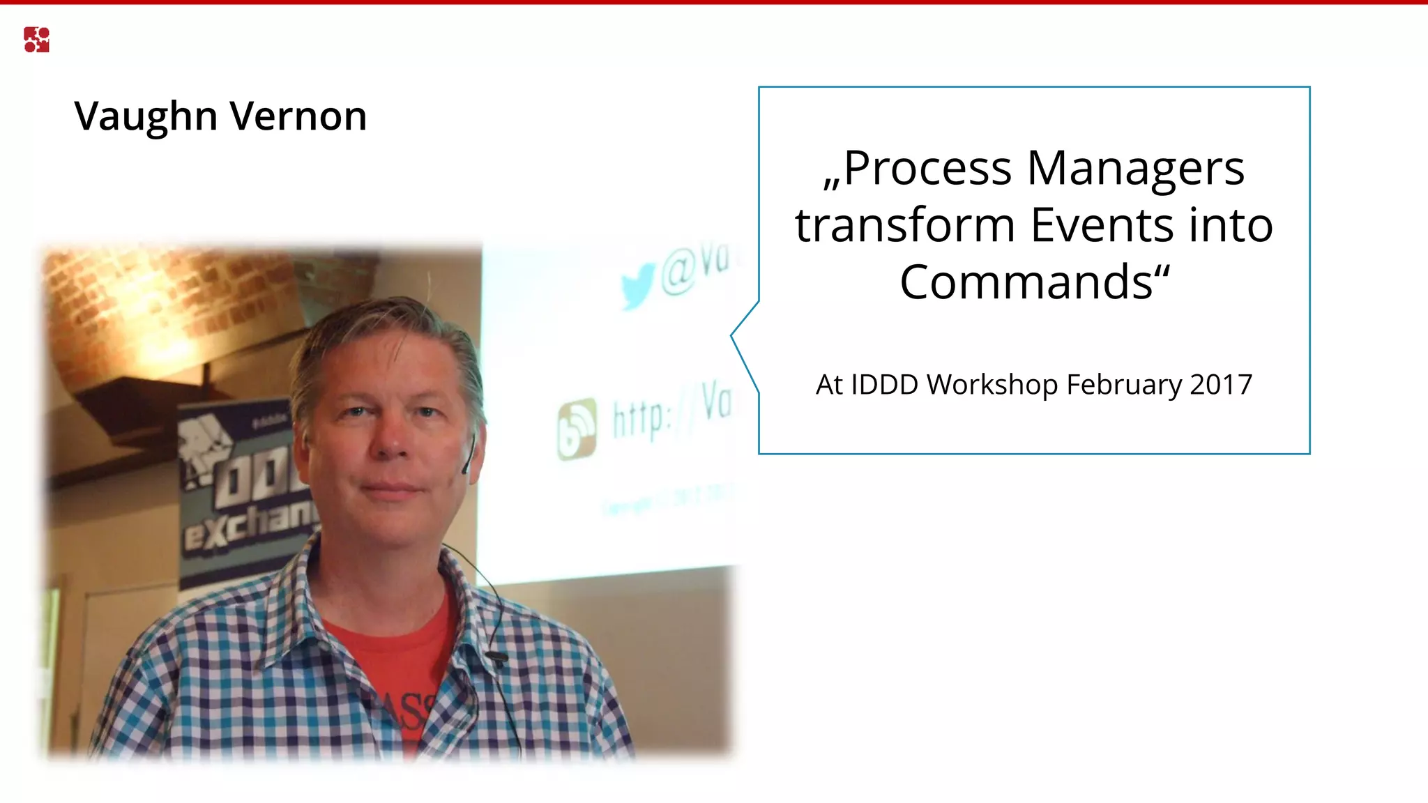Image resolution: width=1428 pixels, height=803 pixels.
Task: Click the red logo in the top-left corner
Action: click(36, 40)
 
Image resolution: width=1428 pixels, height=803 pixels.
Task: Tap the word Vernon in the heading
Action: click(298, 116)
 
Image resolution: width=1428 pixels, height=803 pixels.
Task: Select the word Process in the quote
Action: click(927, 169)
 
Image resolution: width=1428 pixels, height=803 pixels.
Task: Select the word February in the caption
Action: click(1124, 385)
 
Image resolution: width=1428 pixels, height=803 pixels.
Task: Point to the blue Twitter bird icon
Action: click(637, 286)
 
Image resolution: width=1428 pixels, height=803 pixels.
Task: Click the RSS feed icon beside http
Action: click(577, 429)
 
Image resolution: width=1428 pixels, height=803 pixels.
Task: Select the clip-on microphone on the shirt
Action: click(496, 656)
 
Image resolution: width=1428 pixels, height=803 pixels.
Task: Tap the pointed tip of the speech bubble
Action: click(732, 335)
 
